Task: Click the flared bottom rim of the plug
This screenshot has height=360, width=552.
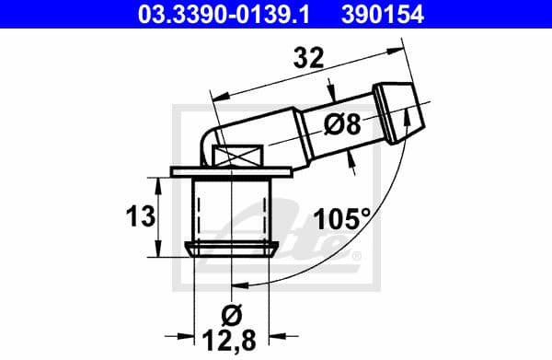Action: [x=234, y=250]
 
